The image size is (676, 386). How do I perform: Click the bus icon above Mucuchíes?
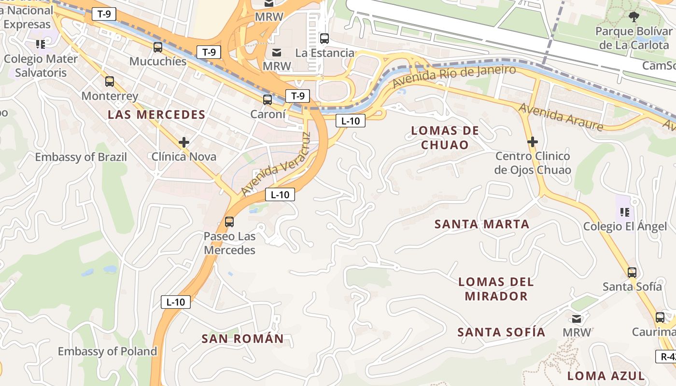click(x=158, y=47)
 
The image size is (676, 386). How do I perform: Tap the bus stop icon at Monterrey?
click(x=110, y=82)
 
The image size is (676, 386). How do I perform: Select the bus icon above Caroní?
click(x=267, y=100)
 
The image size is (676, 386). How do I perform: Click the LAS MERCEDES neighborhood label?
click(x=156, y=115)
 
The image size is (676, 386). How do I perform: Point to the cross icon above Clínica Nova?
click(x=183, y=142)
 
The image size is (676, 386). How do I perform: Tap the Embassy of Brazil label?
click(x=81, y=157)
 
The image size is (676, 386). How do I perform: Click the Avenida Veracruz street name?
click(x=274, y=165)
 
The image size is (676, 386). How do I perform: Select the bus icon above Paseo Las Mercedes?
click(x=229, y=222)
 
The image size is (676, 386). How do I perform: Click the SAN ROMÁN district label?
click(x=242, y=339)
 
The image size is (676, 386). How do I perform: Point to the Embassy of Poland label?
click(x=107, y=351)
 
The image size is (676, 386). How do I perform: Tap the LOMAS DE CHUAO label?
click(x=445, y=138)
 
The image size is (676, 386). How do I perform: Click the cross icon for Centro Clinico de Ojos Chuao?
click(x=533, y=142)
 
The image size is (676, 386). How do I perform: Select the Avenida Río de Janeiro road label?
click(x=454, y=76)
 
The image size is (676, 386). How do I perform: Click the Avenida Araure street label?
click(x=561, y=117)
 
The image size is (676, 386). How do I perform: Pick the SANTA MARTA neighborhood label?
click(x=482, y=224)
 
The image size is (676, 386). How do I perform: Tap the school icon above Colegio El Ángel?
click(x=624, y=212)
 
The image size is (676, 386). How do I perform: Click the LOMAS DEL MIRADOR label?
click(x=496, y=289)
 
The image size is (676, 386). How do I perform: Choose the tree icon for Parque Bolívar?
click(x=634, y=17)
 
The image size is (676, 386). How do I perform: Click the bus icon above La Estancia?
click(x=324, y=39)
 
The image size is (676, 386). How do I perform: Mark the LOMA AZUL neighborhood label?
click(x=606, y=376)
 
